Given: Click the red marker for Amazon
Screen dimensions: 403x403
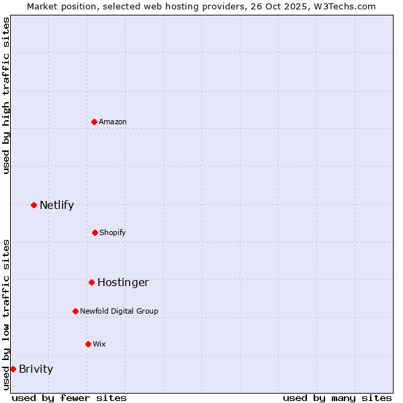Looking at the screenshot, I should pyautogui.click(x=94, y=122).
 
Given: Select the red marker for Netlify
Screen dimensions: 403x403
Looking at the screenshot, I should pyautogui.click(x=34, y=205).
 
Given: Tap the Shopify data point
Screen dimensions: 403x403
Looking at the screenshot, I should pyautogui.click(x=95, y=232).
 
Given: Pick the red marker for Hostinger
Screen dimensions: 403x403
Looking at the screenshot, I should pyautogui.click(x=91, y=282).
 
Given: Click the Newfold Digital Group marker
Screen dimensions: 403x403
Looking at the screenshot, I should pyautogui.click(x=75, y=311).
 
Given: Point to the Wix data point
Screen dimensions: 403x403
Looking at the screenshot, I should pyautogui.click(x=88, y=344).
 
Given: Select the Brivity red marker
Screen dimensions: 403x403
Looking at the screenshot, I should pyautogui.click(x=13, y=369).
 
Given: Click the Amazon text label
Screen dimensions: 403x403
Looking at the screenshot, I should pyautogui.click(x=113, y=122).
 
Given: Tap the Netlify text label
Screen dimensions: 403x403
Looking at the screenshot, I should pyautogui.click(x=56, y=205).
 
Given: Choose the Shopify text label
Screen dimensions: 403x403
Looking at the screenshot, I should pyautogui.click(x=113, y=232).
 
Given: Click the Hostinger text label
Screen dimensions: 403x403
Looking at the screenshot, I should pyautogui.click(x=123, y=282).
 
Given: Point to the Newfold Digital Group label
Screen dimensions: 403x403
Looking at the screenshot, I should pyautogui.click(x=119, y=311).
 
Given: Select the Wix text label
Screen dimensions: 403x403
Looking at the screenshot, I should pyautogui.click(x=99, y=344).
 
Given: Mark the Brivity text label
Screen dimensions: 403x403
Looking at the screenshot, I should pyautogui.click(x=36, y=369).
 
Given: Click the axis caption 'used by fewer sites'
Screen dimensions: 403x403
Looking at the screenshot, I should pyautogui.click(x=69, y=398).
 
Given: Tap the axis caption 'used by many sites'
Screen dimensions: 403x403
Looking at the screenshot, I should pyautogui.click(x=337, y=398).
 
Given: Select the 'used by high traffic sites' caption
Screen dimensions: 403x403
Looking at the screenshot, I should pyautogui.click(x=6, y=95).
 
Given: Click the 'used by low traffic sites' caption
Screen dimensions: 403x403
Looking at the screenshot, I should pyautogui.click(x=6, y=314).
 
